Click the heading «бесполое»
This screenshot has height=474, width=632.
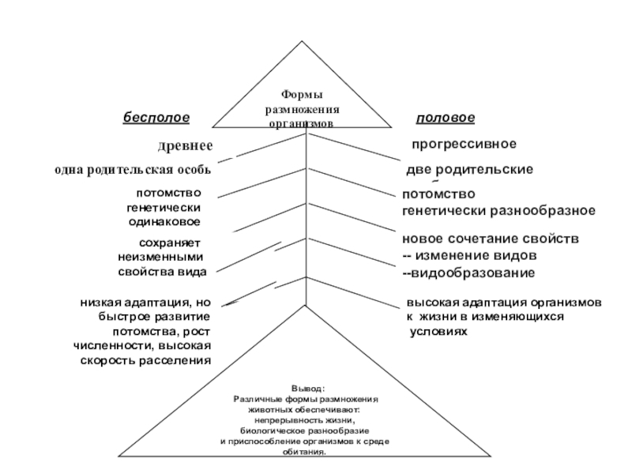tap(156, 118)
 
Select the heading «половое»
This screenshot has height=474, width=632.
tap(445, 118)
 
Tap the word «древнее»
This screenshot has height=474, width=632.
tap(186, 146)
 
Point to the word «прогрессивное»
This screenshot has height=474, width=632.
tap(464, 145)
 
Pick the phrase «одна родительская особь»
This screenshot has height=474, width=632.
tap(131, 170)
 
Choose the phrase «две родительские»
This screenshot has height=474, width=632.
tap(468, 170)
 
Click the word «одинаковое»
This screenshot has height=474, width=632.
tap(164, 222)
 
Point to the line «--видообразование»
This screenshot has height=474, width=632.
tap(469, 273)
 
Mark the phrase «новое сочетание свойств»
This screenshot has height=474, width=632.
tap(491, 239)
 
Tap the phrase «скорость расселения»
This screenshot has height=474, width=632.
tap(147, 360)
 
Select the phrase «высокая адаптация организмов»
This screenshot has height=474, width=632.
tap(505, 303)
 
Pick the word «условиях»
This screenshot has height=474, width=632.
tap(438, 332)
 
